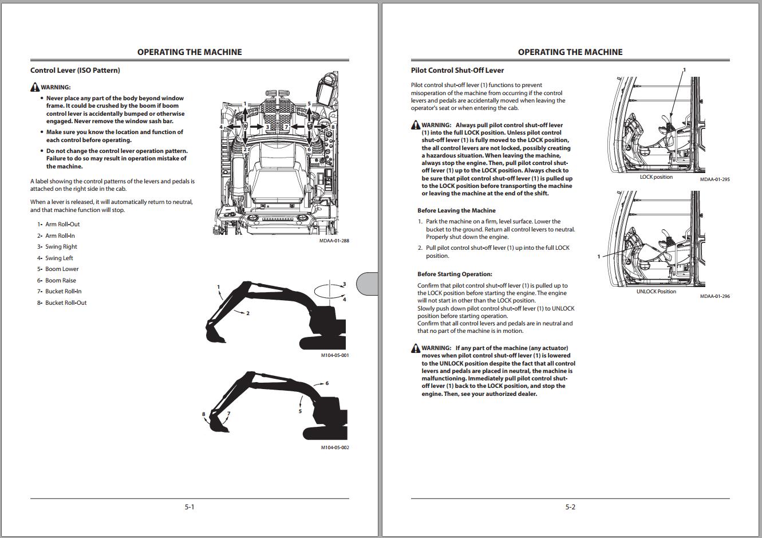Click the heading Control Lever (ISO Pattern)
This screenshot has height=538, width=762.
[x=75, y=70]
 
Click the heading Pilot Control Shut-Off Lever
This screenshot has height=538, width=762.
[x=457, y=70]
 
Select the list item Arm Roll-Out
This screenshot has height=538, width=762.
[x=62, y=225]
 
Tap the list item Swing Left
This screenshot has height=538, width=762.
[x=59, y=258]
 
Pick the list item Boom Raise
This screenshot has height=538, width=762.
[x=60, y=281]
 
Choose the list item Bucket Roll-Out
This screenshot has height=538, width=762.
[x=66, y=303]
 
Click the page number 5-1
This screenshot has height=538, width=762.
[x=189, y=507]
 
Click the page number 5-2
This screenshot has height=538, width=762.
[x=570, y=507]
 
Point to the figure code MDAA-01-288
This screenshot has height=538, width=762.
[x=334, y=241]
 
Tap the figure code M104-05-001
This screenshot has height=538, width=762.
[x=334, y=355]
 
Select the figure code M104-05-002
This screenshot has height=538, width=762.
[x=334, y=447]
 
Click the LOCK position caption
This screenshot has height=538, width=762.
[x=656, y=177]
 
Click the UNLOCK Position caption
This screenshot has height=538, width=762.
[x=656, y=292]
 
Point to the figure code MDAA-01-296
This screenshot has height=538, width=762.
[x=714, y=296]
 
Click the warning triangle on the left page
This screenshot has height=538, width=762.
[x=35, y=88]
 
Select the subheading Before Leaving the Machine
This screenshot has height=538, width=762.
[x=456, y=211]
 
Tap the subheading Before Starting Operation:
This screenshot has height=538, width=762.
[x=455, y=274]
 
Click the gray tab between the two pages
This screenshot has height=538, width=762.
[x=368, y=284]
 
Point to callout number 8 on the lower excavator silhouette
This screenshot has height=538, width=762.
[x=203, y=414]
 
